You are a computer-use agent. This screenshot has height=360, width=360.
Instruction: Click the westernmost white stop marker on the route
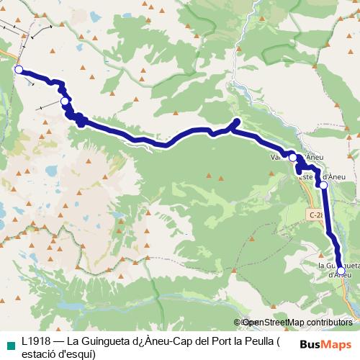19,70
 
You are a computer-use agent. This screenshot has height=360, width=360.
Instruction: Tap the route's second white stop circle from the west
66,102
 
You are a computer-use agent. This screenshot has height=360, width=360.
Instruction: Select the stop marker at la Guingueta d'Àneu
341,271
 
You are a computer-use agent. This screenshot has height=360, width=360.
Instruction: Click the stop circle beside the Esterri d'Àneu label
323,186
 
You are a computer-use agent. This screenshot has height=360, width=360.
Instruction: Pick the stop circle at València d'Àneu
292,157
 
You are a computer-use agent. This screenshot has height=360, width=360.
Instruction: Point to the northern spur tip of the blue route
237,120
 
